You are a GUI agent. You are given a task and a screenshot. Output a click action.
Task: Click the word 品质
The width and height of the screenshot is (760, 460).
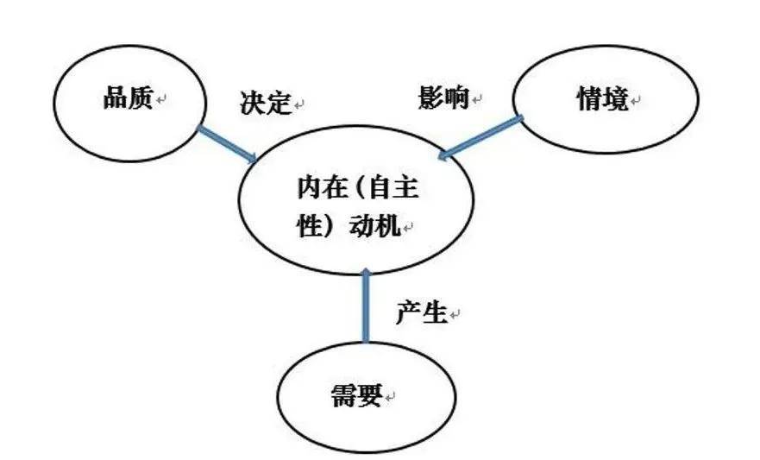tap(128, 99)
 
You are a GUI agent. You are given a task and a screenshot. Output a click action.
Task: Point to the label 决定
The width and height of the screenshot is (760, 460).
tap(265, 102)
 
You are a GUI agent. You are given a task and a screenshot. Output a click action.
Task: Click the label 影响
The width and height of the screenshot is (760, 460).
tap(442, 98)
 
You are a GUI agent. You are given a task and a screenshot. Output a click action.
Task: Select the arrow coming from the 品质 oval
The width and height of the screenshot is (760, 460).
tap(226, 144)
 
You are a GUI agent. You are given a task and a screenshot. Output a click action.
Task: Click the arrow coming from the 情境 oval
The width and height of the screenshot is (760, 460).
tap(480, 137)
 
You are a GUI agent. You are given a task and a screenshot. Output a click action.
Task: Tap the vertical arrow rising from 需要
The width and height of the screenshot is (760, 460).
tap(367, 306)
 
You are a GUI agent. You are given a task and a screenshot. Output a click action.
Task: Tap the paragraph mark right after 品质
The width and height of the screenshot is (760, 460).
tap(161, 102)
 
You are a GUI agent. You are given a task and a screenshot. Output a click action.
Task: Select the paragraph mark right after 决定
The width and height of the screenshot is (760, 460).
tap(298, 105)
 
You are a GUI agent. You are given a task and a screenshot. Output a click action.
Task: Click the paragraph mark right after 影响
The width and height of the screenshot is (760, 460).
tap(476, 101)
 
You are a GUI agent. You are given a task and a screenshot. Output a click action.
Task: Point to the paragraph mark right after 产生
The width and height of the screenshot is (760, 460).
tap(455, 315)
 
